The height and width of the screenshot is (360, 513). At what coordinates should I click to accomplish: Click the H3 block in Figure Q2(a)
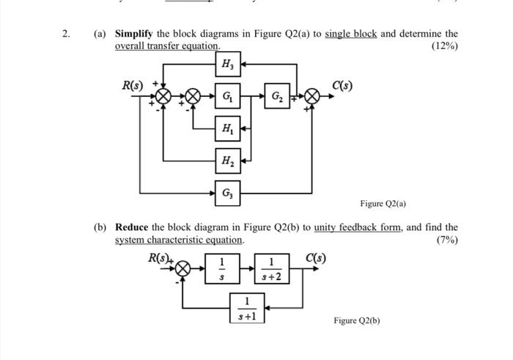227,65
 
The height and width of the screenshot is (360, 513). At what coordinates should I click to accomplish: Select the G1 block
227,97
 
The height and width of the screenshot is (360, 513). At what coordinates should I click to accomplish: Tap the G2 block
276,97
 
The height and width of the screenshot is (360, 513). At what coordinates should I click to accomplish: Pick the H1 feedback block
227,128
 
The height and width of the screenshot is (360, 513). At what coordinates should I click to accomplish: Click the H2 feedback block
227,158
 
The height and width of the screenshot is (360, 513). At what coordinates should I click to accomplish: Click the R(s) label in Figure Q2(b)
160,258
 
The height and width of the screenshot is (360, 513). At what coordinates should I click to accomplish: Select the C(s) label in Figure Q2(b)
317,258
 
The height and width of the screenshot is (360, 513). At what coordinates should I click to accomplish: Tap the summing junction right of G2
313,97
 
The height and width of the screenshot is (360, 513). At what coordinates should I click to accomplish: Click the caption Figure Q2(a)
383,203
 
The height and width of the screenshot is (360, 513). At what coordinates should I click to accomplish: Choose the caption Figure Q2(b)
357,320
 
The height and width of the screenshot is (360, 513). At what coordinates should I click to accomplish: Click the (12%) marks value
444,45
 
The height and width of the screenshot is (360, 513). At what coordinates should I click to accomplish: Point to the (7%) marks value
446,240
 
